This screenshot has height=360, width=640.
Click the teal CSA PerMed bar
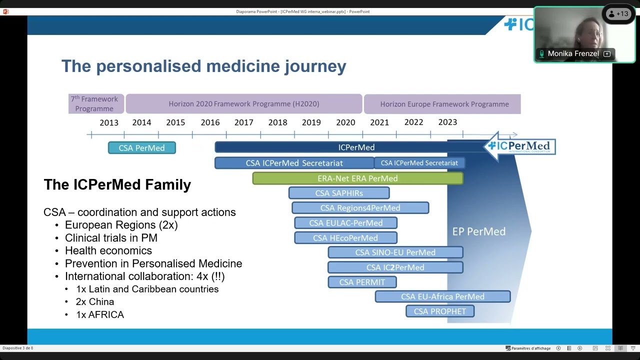[x=141, y=148]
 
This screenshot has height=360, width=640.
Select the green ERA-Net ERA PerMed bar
[x=357, y=178]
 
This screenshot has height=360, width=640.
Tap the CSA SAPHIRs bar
[x=339, y=193]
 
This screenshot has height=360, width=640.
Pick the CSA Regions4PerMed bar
[x=360, y=208]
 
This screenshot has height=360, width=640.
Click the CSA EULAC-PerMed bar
[x=345, y=223]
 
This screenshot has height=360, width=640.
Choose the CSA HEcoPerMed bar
[x=345, y=238]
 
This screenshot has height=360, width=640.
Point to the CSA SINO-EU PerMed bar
[x=395, y=252]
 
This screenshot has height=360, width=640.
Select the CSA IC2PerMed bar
[x=395, y=267]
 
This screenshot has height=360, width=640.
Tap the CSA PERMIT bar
[x=362, y=282]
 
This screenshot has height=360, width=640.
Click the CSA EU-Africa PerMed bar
[x=442, y=297]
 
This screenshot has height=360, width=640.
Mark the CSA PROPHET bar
[x=440, y=311]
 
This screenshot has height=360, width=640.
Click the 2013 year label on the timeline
[x=109, y=122]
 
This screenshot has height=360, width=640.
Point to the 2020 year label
[x=345, y=122]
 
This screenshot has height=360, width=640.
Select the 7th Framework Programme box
[x=94, y=104]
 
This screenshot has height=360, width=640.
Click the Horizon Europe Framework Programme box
[x=444, y=104]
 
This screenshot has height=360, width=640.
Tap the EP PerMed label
[x=479, y=231]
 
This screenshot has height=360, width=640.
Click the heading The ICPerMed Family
[x=117, y=184]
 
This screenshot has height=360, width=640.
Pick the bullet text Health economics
[x=108, y=251]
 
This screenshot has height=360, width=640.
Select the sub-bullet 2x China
[x=95, y=302]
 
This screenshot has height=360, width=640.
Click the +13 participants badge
[x=618, y=14]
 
